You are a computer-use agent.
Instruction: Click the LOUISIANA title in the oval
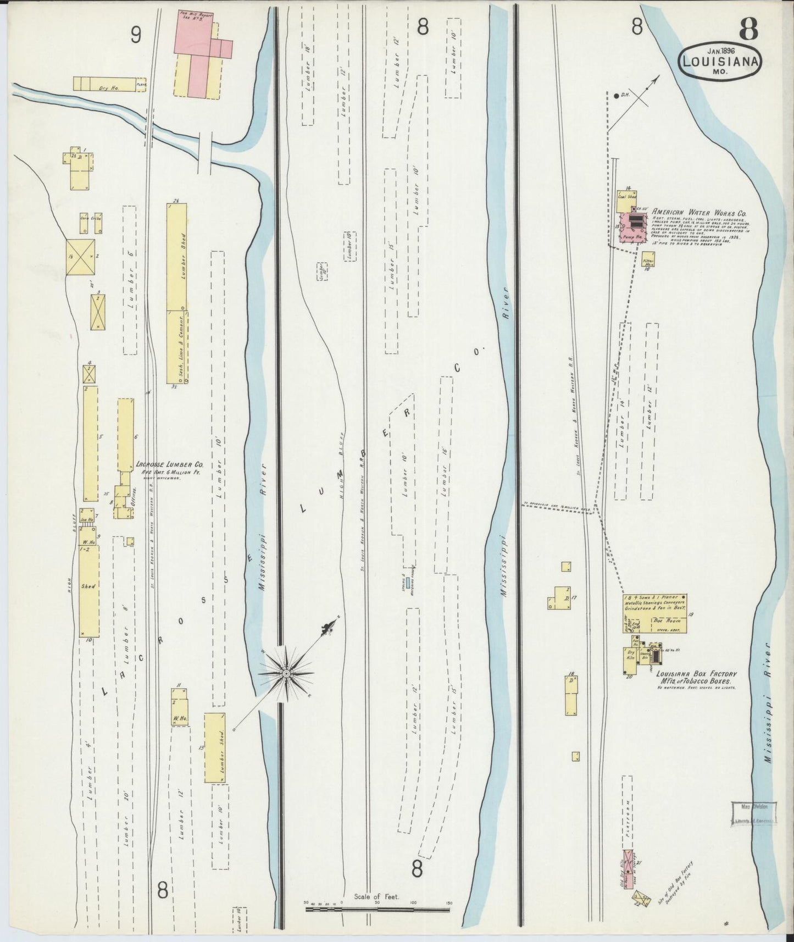tap(720, 62)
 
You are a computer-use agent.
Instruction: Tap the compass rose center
tap(286, 673)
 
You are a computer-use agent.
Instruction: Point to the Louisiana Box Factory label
tap(696, 674)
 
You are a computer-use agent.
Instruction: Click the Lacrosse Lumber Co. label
tap(169, 464)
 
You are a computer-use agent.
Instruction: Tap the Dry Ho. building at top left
tap(104, 84)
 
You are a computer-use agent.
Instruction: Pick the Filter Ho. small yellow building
tap(649, 259)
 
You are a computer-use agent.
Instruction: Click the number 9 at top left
tap(136, 36)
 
